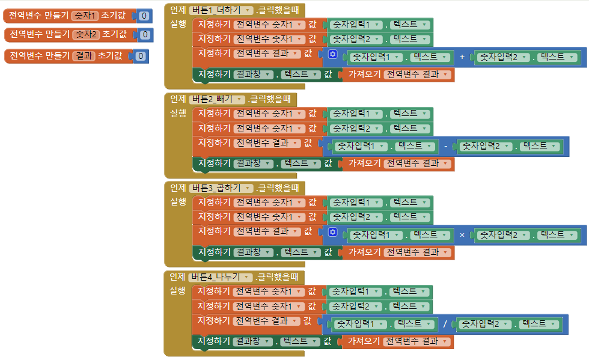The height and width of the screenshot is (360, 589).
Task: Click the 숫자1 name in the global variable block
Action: [x=84, y=16]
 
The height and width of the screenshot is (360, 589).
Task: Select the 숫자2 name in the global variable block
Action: [x=85, y=35]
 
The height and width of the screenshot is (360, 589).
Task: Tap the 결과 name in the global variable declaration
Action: [x=84, y=56]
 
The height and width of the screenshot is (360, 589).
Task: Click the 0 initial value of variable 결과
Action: [x=140, y=56]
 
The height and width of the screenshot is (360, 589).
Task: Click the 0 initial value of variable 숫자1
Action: [x=144, y=16]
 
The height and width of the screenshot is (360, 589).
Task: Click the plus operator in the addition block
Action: [x=462, y=57]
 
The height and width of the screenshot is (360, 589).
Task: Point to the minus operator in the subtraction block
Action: [x=445, y=146]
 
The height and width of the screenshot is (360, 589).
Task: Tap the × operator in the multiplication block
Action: [x=462, y=235]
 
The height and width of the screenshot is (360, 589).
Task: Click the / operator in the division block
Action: [x=445, y=324]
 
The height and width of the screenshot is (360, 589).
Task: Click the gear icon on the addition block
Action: [x=333, y=55]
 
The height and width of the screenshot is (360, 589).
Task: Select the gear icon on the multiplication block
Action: [x=333, y=232]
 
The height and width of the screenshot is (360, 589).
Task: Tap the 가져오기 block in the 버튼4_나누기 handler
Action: [x=364, y=341]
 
